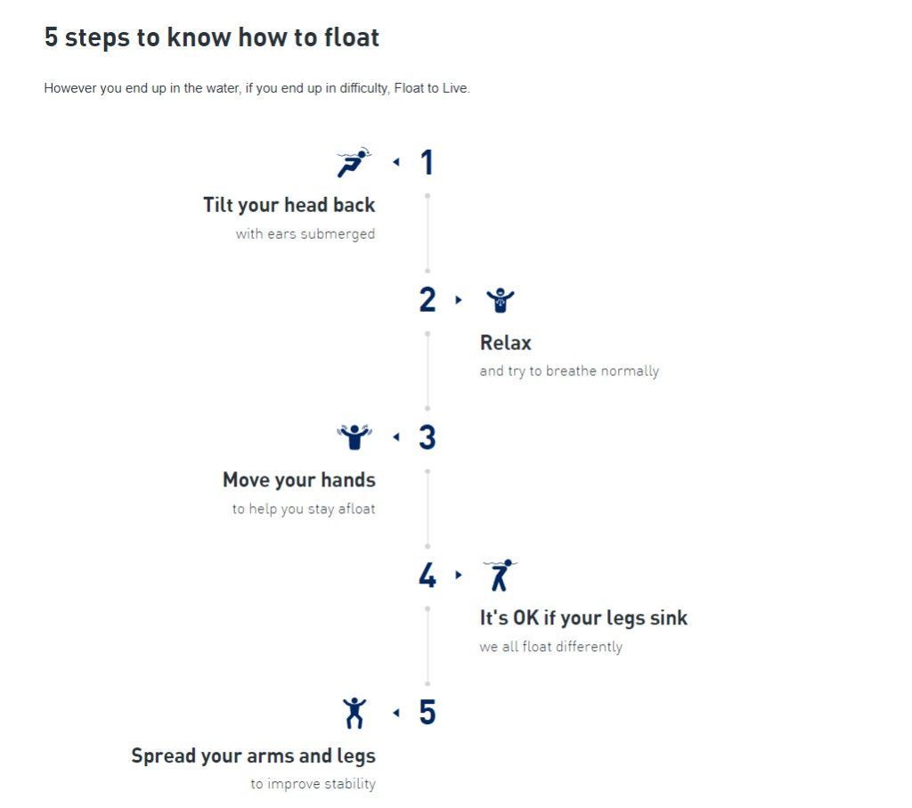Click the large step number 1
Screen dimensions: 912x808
click(427, 162)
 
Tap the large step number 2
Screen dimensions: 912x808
click(427, 299)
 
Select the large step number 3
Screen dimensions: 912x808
click(427, 437)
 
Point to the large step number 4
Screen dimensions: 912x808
click(427, 575)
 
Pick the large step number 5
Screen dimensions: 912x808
click(427, 713)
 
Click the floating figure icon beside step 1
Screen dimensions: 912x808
click(354, 162)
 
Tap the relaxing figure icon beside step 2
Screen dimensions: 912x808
click(501, 300)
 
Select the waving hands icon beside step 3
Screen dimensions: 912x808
click(354, 437)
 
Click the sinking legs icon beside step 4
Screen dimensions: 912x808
click(501, 575)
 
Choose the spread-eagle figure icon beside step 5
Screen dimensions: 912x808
click(354, 714)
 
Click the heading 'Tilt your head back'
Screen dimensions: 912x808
click(289, 206)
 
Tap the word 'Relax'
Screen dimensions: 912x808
click(506, 343)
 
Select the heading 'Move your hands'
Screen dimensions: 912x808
click(299, 480)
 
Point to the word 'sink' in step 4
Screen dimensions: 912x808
click(669, 617)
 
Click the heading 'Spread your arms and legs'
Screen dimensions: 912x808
click(254, 755)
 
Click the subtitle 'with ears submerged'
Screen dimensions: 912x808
click(305, 234)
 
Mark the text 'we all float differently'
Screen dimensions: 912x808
click(550, 647)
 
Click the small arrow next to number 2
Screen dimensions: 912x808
click(459, 300)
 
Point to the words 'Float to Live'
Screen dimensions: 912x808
click(431, 88)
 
